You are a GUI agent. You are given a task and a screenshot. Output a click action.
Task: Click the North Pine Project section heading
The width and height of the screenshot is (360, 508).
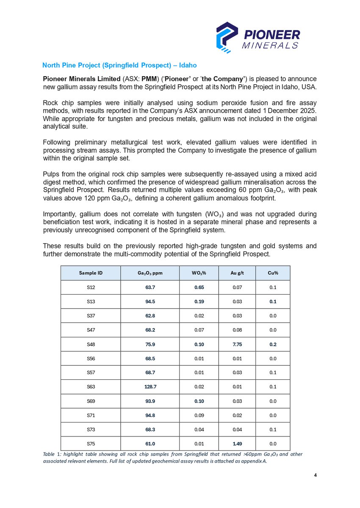(119, 66)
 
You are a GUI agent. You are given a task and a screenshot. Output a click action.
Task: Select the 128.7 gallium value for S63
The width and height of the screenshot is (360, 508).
(150, 387)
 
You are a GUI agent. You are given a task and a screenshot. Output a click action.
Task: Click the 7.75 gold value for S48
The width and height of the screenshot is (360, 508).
(237, 344)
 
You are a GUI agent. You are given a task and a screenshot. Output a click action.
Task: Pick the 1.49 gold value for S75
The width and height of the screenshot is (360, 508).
(237, 444)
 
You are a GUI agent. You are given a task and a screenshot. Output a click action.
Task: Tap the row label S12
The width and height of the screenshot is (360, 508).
(91, 287)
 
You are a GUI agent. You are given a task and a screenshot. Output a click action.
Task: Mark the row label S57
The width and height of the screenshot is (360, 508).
(91, 373)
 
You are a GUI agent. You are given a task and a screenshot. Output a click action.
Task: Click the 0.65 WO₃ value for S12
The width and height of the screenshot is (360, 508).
(199, 287)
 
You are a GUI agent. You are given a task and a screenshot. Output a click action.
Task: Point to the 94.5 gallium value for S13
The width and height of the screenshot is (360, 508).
(150, 301)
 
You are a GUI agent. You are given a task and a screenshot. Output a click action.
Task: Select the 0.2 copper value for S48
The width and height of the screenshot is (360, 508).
(273, 344)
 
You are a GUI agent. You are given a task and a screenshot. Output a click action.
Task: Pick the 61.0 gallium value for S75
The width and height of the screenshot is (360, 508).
(150, 444)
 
